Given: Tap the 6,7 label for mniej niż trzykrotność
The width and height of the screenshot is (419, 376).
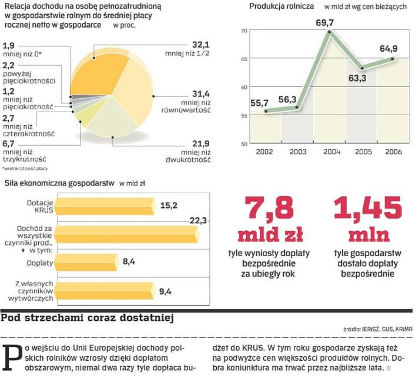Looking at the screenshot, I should click(x=9, y=143).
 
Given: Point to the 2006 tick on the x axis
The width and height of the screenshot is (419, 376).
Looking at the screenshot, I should click(x=393, y=152).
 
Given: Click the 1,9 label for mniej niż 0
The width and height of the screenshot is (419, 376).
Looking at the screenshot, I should click(x=9, y=45).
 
